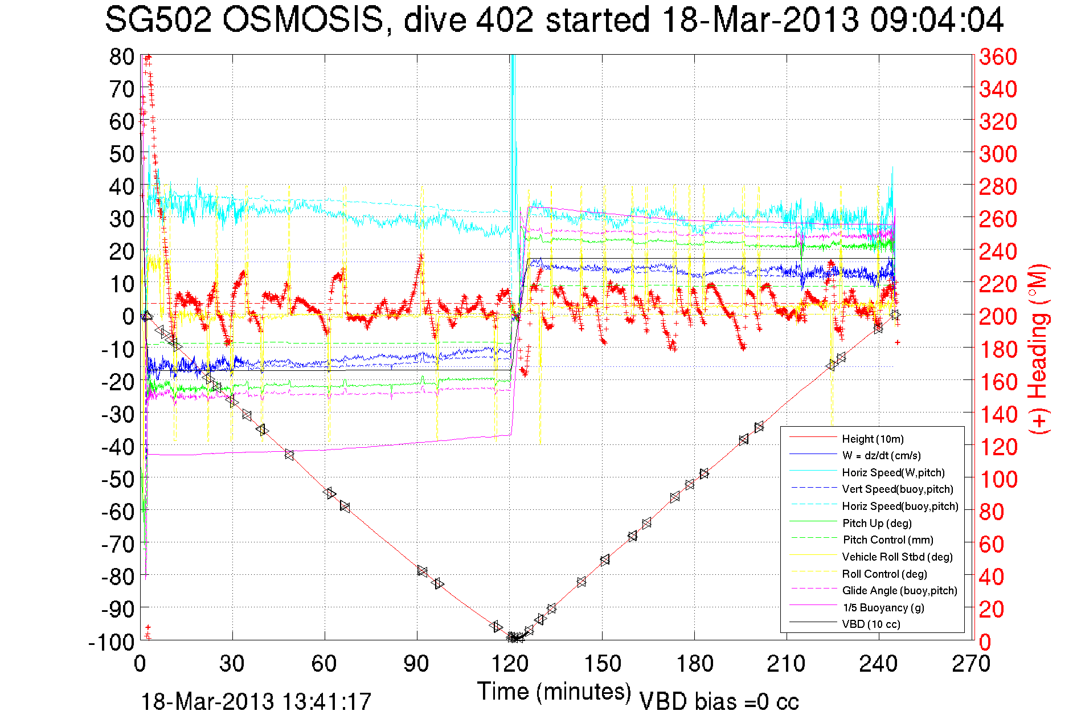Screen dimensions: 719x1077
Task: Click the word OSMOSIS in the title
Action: click(x=302, y=21)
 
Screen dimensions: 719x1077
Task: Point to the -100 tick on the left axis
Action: click(x=112, y=642)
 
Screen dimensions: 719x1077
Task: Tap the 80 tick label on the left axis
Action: click(x=121, y=56)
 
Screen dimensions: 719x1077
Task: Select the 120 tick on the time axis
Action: click(x=510, y=664)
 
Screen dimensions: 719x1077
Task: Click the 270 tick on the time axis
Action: click(x=971, y=664)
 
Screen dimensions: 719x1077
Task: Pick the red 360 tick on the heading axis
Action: click(x=998, y=56)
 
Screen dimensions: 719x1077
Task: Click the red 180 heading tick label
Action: click(x=998, y=349)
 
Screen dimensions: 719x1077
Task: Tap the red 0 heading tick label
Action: click(x=985, y=642)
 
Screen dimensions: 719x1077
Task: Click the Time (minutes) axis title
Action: click(x=554, y=692)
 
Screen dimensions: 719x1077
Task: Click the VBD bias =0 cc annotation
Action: click(x=719, y=701)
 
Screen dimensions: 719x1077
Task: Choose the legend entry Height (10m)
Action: click(x=873, y=439)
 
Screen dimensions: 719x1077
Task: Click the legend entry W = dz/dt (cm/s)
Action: click(x=881, y=456)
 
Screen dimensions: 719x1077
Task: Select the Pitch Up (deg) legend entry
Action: click(x=877, y=523)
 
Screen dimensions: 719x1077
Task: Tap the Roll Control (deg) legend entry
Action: click(x=884, y=574)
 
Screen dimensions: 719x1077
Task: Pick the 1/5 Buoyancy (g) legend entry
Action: click(x=883, y=607)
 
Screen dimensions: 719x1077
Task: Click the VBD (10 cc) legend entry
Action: click(x=871, y=624)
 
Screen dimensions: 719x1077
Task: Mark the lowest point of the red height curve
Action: click(x=513, y=638)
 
